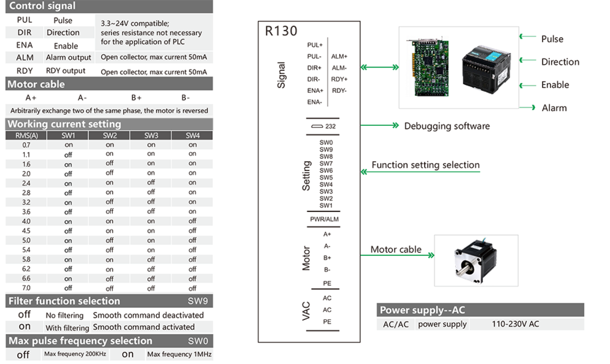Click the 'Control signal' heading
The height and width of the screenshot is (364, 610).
point(42,6)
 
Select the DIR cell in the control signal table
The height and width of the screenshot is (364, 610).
point(24,33)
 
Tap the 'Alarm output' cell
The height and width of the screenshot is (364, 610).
point(68,57)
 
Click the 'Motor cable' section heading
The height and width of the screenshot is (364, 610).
point(36,84)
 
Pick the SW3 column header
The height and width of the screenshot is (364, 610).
point(151,136)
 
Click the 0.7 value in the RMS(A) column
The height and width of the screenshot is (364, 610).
point(26,145)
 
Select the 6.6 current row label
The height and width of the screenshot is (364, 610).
point(26,279)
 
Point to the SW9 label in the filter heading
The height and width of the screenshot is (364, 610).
point(198,301)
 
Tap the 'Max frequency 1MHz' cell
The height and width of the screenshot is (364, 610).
point(179,354)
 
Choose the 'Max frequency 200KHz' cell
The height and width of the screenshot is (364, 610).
point(75,354)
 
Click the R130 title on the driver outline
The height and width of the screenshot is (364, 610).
point(281,31)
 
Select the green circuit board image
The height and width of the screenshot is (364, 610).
point(427,66)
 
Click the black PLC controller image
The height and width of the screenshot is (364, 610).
point(487,70)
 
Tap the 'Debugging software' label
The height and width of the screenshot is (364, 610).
point(447,126)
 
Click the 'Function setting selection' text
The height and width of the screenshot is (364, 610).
point(426,165)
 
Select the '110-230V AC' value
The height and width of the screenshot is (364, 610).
point(515,324)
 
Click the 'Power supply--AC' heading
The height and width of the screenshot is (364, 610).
point(423,310)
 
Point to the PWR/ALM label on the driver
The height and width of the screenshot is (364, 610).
point(324,219)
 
